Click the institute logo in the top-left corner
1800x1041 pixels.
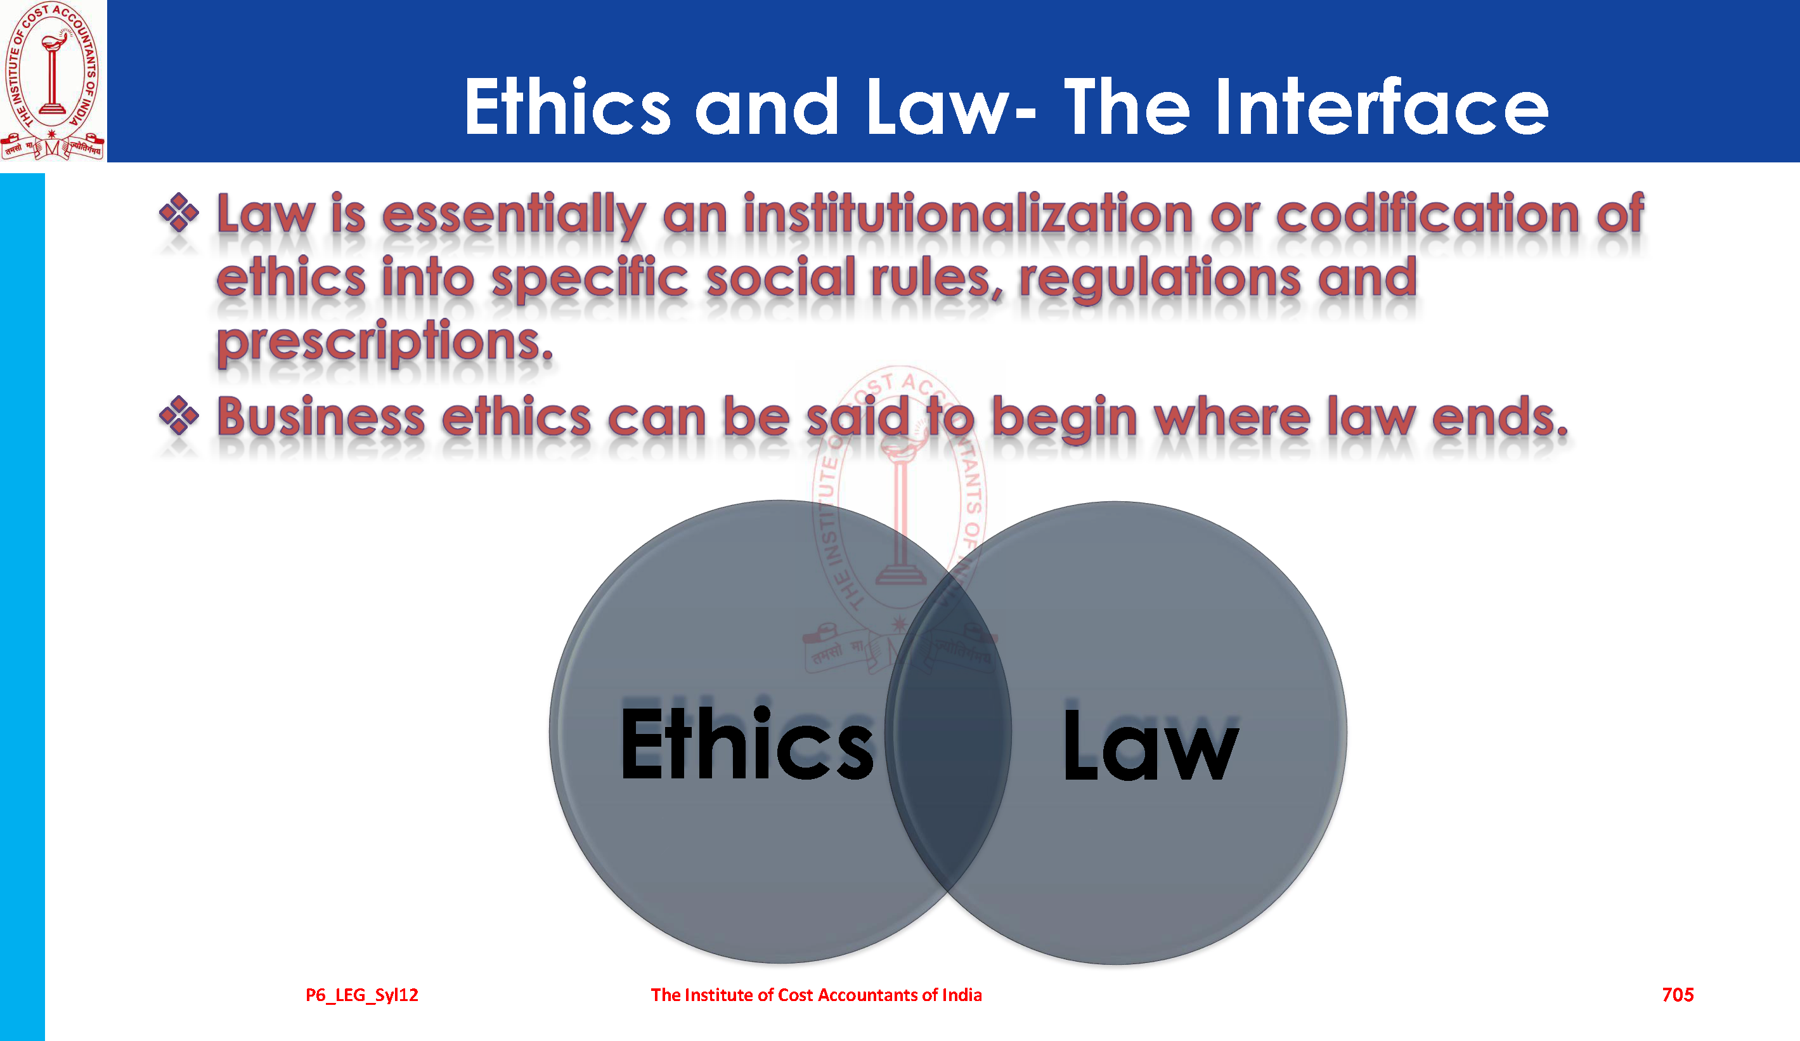click(53, 81)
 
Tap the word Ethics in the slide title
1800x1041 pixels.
click(568, 107)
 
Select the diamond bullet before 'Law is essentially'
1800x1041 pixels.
click(179, 213)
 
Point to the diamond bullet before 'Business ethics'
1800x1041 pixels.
click(179, 415)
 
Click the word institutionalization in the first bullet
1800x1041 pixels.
click(968, 214)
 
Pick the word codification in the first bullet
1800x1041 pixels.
click(1427, 214)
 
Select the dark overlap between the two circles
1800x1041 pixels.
click(948, 732)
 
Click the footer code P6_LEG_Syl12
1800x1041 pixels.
click(362, 995)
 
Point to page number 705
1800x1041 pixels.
click(1678, 995)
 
